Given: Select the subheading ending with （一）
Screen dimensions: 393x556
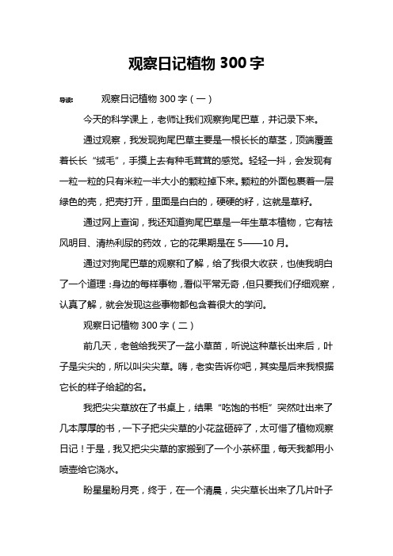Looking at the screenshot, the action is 143,101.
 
